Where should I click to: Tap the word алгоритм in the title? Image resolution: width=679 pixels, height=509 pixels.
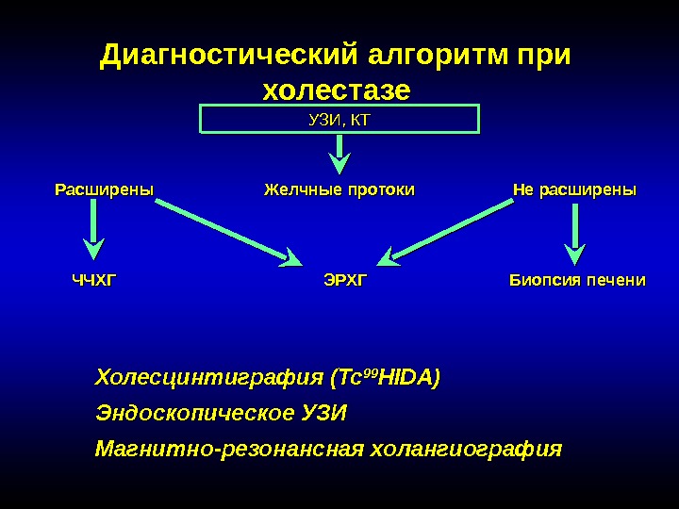click(436, 56)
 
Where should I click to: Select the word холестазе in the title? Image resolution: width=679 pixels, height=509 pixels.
click(336, 91)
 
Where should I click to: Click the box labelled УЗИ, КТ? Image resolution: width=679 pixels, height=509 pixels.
click(339, 119)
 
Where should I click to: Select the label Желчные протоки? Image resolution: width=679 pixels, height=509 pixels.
click(339, 190)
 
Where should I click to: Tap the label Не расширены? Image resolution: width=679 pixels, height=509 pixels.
click(574, 190)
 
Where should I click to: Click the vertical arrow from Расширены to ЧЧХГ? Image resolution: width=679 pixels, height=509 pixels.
click(93, 232)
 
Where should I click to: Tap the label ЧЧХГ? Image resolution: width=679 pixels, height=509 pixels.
click(97, 280)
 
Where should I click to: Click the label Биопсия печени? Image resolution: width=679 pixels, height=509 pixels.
click(577, 280)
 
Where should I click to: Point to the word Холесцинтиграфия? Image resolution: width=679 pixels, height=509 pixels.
click(209, 379)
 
